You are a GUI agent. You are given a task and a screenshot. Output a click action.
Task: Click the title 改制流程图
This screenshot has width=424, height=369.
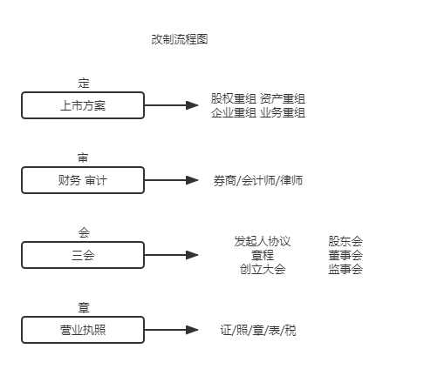coord(180,39)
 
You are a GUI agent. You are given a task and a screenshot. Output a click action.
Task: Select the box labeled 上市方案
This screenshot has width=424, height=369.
coord(83,105)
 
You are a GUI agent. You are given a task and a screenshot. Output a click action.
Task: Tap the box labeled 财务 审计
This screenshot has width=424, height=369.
coord(83,180)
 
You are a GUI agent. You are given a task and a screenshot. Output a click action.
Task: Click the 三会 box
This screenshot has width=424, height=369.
coord(83,255)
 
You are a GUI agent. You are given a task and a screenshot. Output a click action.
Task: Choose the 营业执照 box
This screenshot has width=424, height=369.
coord(83,330)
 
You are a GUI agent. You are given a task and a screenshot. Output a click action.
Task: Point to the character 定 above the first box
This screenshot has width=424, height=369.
coord(84,83)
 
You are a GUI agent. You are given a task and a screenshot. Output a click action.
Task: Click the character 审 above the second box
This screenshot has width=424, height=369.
coord(83,158)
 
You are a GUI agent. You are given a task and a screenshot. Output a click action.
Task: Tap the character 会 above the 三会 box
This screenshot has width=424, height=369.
coord(84,232)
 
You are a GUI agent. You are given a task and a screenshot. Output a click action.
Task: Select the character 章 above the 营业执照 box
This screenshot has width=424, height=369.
coord(84,307)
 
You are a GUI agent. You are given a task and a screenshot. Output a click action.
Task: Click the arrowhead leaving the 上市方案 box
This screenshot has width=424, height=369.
coord(192,105)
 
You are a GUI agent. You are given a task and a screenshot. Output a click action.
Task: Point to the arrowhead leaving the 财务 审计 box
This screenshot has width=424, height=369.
coord(192,180)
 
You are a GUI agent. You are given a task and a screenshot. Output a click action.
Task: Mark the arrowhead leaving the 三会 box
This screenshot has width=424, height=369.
coord(192,255)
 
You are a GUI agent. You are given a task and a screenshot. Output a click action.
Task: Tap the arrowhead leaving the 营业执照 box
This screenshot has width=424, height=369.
coord(192,330)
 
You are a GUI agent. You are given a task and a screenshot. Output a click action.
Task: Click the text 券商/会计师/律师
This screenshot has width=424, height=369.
coord(258,180)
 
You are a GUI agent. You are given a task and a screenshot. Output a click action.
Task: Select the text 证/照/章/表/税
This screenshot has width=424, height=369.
coord(258,330)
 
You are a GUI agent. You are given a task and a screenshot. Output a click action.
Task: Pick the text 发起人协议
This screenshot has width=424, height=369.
coord(263,241)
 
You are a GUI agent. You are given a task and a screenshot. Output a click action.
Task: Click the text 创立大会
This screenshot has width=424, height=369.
coord(263,269)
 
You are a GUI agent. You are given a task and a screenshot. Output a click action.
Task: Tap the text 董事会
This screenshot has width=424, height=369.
coord(345,255)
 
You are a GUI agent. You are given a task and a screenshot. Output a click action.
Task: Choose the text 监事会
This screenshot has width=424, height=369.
coord(345,269)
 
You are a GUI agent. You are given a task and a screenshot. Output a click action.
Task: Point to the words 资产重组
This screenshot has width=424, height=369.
coord(283,98)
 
